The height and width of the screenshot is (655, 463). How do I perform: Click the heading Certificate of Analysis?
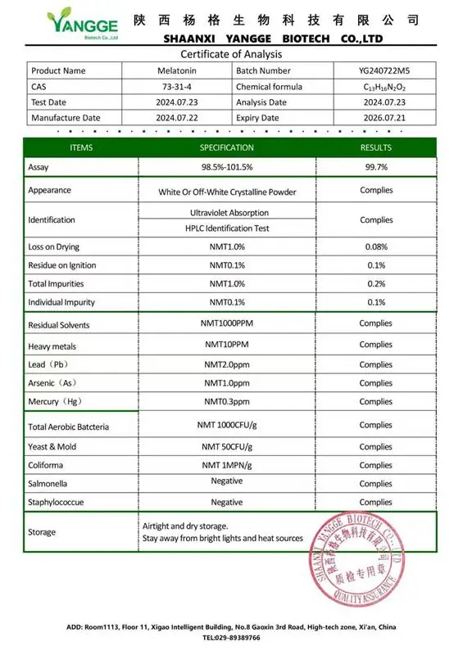231,54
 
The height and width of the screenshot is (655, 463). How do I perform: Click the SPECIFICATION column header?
226,147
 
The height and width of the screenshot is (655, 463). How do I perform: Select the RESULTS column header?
375,147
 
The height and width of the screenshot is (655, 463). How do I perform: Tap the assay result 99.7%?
375,167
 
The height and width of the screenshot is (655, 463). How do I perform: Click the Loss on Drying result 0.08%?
375,246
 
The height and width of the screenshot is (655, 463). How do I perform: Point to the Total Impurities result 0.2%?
375,284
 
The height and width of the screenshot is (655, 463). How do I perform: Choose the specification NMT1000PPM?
226,324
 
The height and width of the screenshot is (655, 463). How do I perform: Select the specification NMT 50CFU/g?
226,446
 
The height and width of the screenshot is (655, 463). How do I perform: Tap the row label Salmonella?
48,484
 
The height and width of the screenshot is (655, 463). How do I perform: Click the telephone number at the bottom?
231,637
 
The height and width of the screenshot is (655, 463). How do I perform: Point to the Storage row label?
42,532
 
